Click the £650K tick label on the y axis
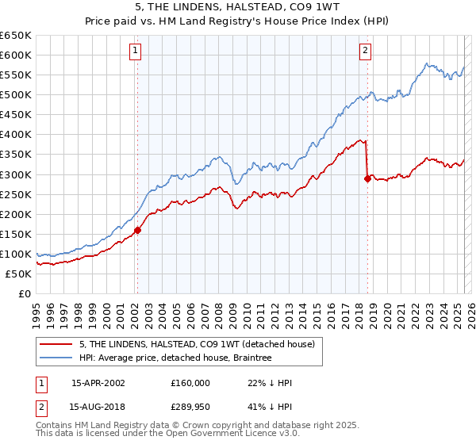point(16,36)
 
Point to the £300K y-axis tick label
point(16,174)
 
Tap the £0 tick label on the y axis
point(25,294)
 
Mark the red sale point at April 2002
point(137,230)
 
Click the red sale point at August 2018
point(367,178)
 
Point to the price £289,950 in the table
point(190,408)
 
